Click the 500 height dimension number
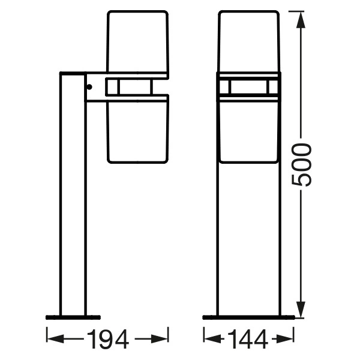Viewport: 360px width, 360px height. [x=301, y=165]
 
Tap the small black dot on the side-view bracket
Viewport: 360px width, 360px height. [x=89, y=87]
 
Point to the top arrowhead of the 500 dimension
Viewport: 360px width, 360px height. [x=301, y=20]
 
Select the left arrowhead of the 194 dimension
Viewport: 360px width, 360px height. [x=55, y=338]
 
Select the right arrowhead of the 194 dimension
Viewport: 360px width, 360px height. [x=160, y=338]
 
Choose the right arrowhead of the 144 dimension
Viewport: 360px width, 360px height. [x=284, y=338]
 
